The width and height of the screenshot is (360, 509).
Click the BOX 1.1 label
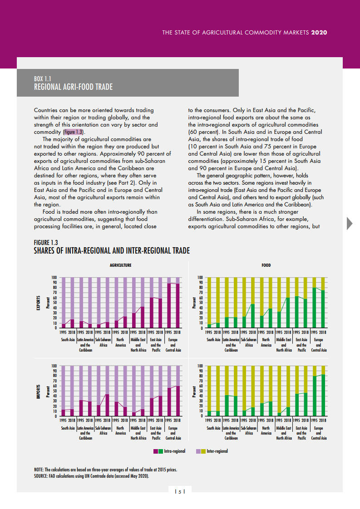point(42,78)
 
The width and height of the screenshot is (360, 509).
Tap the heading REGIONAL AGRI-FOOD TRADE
point(73,87)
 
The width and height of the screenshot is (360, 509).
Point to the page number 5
point(180,492)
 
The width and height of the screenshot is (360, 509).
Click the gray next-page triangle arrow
point(350,223)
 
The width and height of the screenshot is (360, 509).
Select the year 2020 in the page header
point(319,33)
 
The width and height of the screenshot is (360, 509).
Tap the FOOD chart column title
point(266,265)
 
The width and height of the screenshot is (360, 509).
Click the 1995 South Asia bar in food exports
point(209,326)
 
